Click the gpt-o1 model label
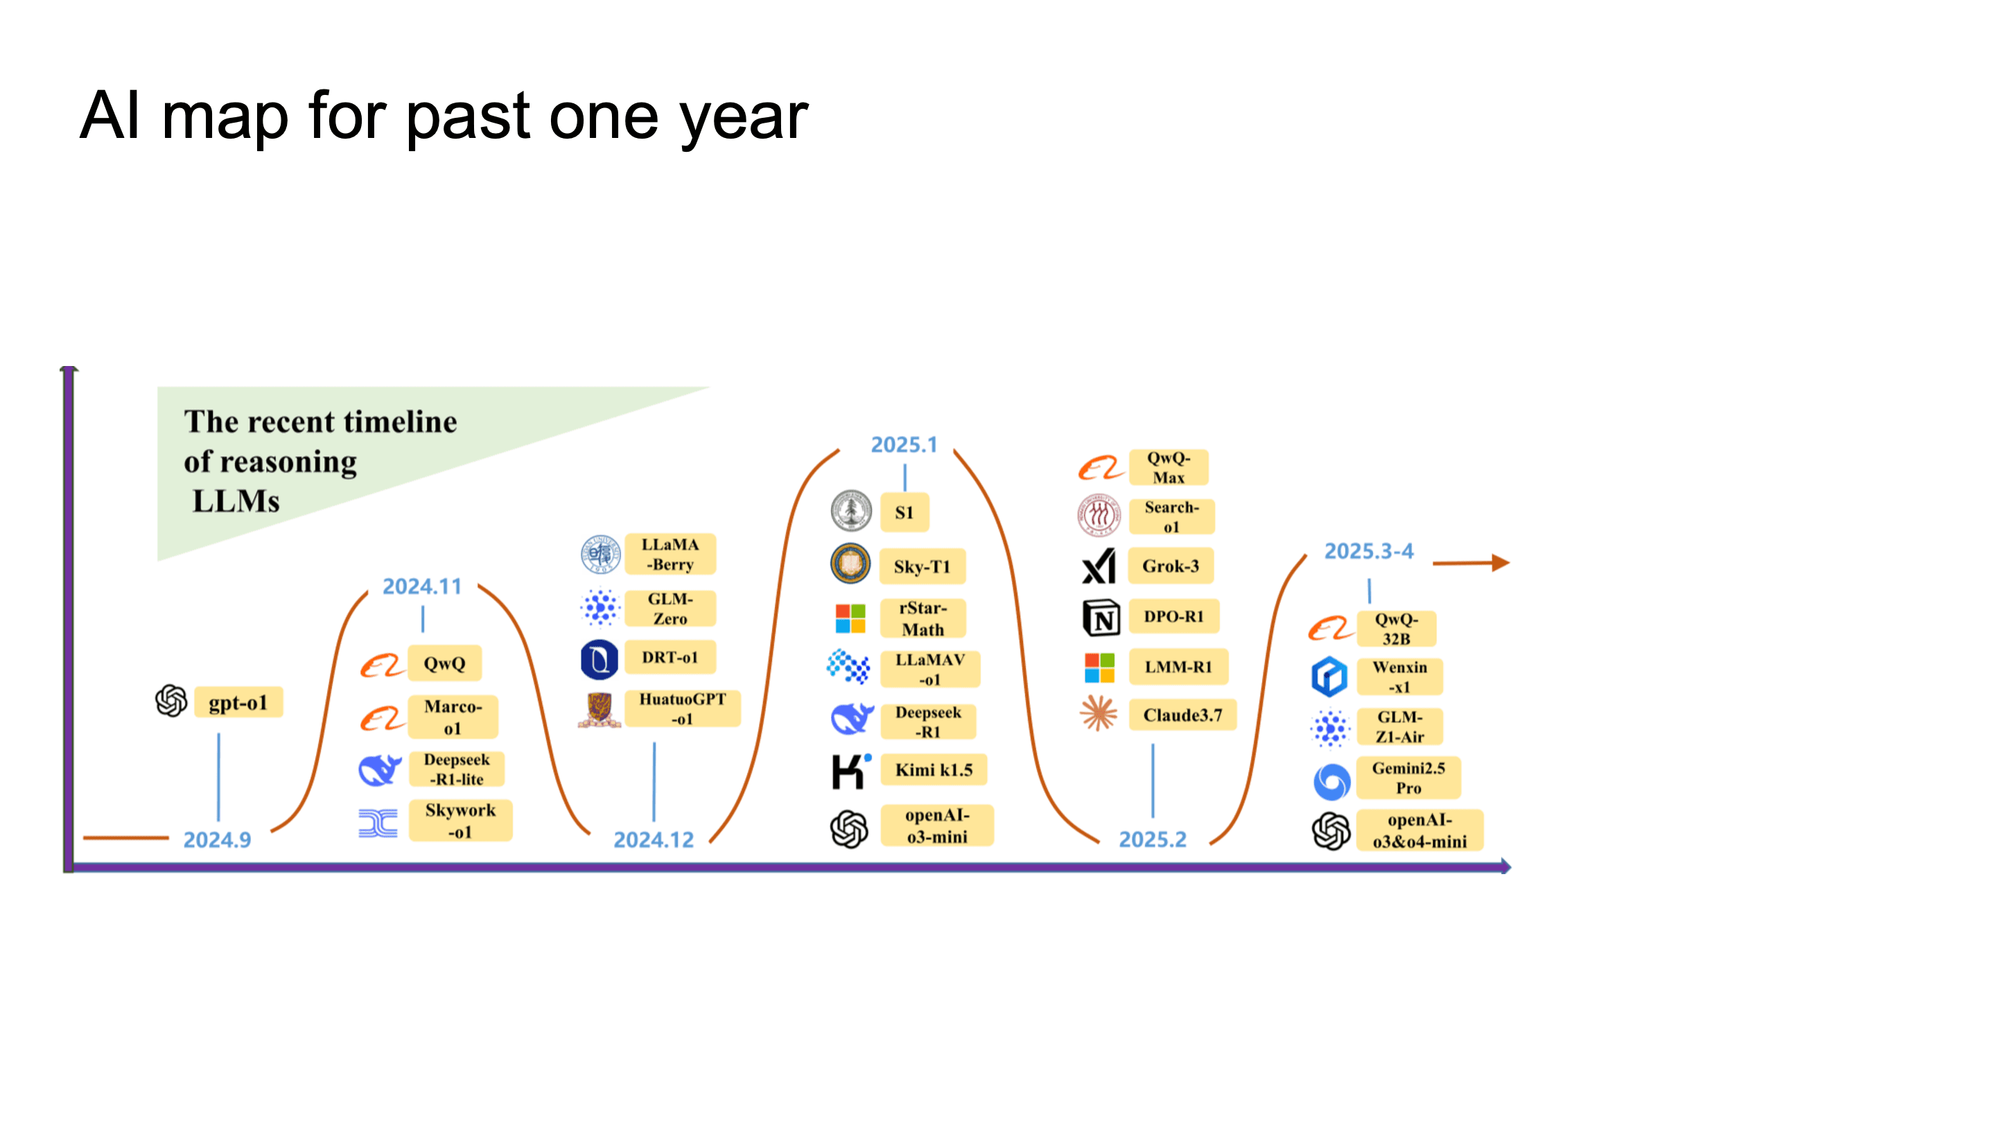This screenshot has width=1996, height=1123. click(238, 702)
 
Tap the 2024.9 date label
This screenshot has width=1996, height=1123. click(217, 839)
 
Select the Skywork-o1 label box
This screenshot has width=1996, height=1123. click(460, 820)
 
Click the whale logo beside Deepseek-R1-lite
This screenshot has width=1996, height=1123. click(380, 769)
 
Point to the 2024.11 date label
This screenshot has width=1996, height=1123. click(421, 586)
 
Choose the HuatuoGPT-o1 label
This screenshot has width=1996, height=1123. click(682, 708)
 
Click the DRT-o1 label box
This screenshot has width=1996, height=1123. click(669, 657)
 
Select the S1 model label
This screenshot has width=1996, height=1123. click(904, 512)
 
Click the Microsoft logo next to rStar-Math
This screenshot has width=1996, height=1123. click(850, 618)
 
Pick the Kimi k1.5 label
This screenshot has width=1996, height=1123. click(934, 769)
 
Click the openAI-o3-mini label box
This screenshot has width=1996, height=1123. click(937, 826)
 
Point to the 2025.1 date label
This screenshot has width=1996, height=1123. click(904, 444)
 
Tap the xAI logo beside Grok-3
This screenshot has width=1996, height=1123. click(1098, 566)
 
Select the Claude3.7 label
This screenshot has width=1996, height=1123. click(1182, 715)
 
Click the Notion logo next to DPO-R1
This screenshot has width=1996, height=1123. click(1101, 618)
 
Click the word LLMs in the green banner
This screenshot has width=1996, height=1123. click(236, 501)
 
